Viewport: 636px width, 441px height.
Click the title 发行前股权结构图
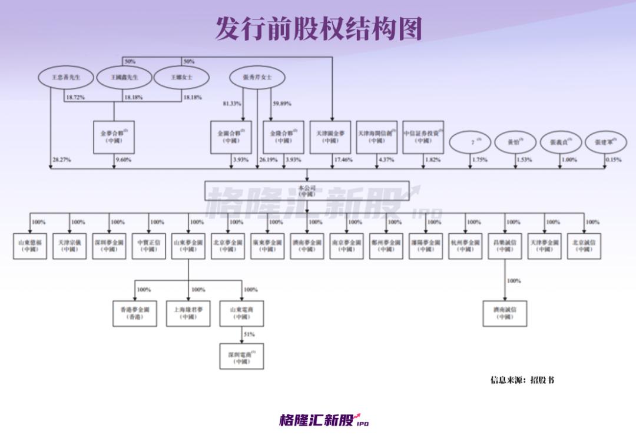tap(318, 28)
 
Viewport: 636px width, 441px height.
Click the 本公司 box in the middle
tap(307, 191)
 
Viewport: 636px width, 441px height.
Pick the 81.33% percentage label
tap(231, 104)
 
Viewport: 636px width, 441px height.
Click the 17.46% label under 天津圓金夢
tap(343, 160)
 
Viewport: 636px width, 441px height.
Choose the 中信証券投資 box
tap(423, 137)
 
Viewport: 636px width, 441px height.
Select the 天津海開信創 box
tap(377, 137)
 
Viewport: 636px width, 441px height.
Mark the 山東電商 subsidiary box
tap(241, 313)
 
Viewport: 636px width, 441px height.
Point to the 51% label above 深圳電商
tap(249, 334)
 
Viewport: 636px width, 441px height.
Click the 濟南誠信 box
tap(504, 313)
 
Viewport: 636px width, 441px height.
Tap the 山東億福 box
tap(30, 246)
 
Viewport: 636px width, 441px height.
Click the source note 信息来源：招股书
tap(522, 380)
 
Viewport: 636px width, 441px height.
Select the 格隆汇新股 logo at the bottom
tap(323, 420)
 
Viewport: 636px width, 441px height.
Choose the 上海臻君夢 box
tap(188, 313)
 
